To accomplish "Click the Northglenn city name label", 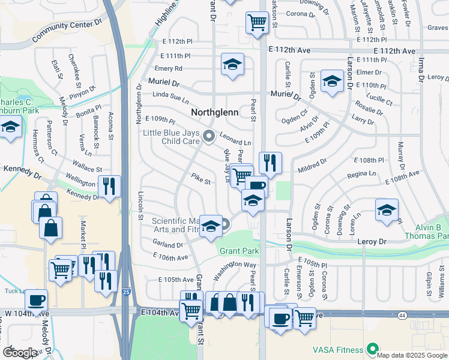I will (215, 112).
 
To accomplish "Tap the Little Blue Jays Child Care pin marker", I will (209, 136).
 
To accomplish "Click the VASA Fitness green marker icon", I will (372, 349).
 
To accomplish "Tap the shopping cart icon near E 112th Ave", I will (257, 23).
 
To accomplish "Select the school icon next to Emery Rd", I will (232, 65).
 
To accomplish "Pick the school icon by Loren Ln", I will (387, 209).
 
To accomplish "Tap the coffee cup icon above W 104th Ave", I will (37, 300).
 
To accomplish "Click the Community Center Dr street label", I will (67, 30).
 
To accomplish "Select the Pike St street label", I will (200, 179).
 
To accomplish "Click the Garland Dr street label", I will (167, 245).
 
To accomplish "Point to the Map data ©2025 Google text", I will (412, 355).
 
